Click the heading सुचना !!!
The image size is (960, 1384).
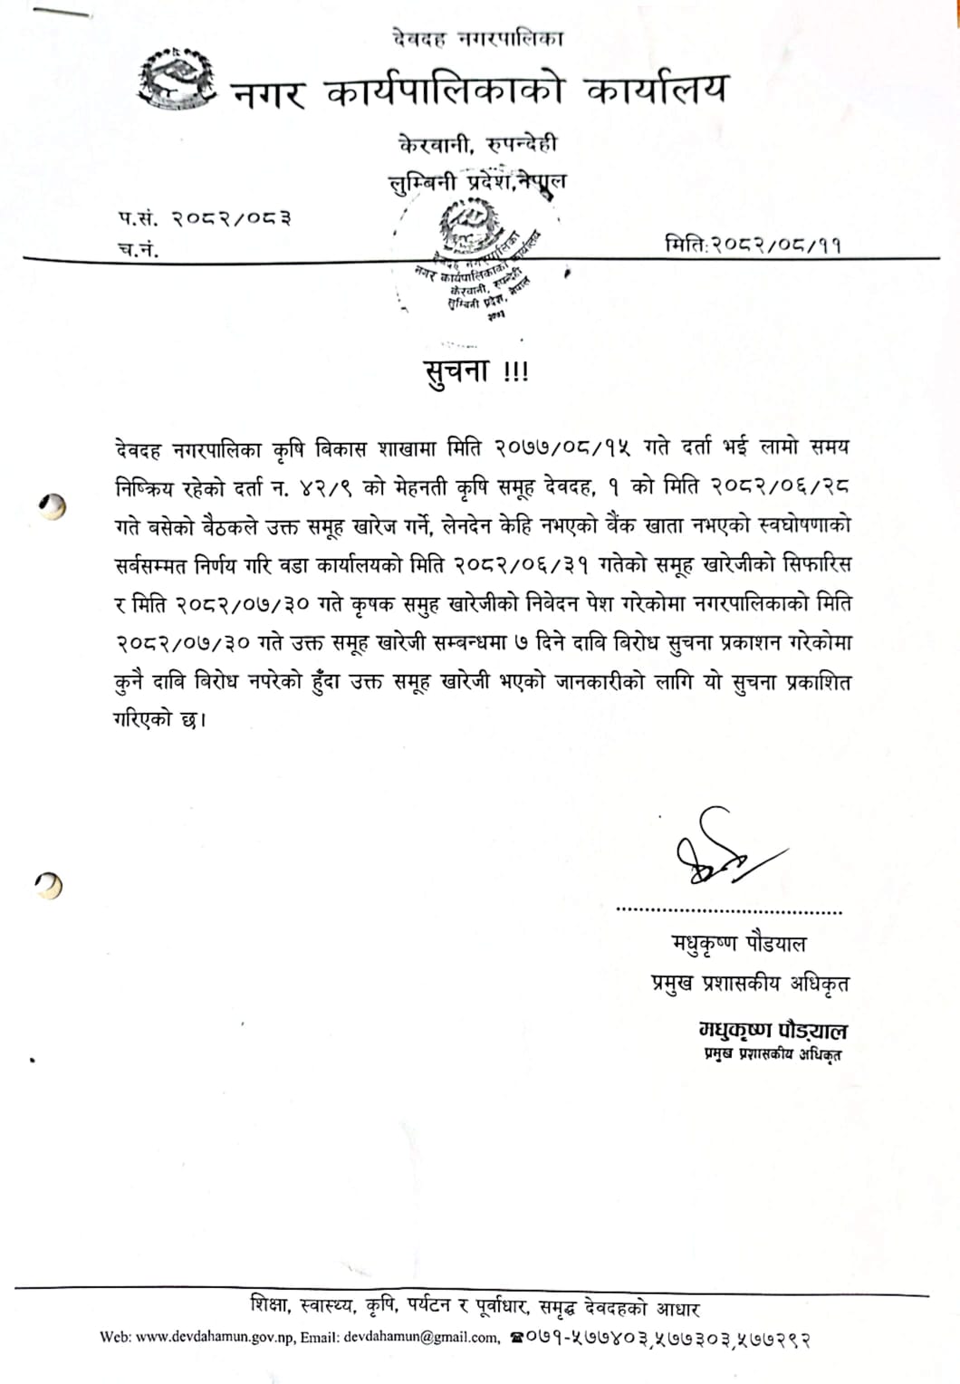476,372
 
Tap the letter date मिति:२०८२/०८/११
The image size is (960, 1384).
753,244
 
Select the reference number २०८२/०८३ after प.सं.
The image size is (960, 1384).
232,217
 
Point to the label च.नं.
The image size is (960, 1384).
139,249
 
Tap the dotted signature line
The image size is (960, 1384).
728,911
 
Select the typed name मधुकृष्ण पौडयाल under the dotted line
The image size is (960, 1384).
738,944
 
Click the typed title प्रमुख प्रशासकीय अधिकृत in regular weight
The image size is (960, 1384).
750,983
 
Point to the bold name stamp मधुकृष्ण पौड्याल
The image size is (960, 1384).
772,1030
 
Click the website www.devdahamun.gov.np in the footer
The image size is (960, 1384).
215,1338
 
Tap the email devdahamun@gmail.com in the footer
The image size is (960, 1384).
421,1338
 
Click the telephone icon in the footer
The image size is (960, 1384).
517,1338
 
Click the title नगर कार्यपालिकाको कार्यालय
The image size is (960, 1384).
479,91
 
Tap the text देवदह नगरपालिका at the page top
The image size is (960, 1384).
478,39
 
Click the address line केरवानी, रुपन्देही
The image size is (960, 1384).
477,144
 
